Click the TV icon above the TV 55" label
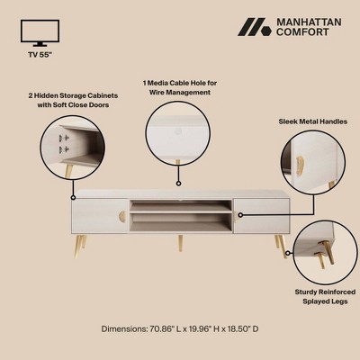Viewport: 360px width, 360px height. (40, 33)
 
